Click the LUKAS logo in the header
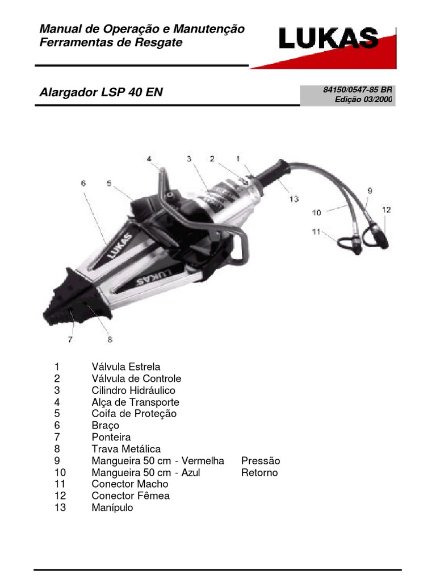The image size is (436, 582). [328, 39]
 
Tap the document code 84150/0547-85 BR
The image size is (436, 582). [358, 90]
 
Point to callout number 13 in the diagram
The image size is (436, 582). [292, 199]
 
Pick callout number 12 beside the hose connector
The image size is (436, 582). [385, 210]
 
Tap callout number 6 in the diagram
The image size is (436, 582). [83, 183]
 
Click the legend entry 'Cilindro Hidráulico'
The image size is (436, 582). [133, 390]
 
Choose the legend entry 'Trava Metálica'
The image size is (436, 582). [126, 449]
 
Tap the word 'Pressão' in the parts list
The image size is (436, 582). [261, 460]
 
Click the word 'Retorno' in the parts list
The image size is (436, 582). [259, 472]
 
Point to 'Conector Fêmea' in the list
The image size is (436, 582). [131, 496]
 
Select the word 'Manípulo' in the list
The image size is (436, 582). [112, 508]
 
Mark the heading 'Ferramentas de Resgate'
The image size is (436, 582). [111, 43]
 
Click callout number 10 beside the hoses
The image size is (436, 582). [316, 213]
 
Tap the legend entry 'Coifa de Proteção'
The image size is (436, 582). [134, 414]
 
